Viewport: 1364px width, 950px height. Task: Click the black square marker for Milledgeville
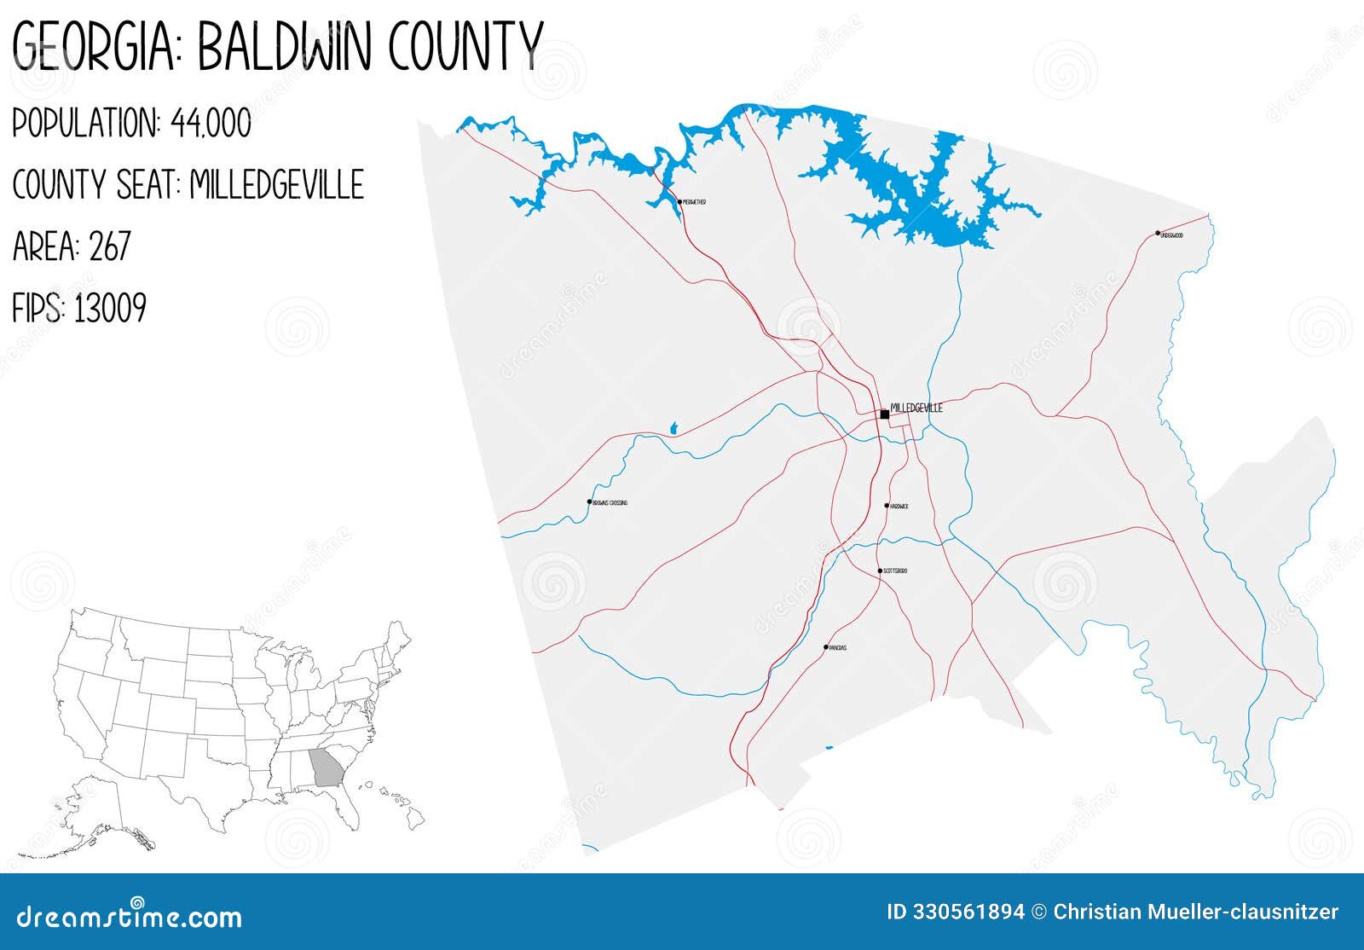tap(885, 414)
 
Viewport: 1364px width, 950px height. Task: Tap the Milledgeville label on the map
tap(916, 408)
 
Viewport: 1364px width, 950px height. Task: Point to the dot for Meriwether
tap(679, 202)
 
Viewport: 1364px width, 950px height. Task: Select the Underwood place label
tap(1172, 235)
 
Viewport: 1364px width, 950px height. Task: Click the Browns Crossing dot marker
tap(589, 502)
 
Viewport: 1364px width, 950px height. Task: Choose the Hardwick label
tap(899, 507)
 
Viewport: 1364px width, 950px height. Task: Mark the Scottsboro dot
tap(880, 571)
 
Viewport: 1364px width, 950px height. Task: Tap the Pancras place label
tap(838, 648)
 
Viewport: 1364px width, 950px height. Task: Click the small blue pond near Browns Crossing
tap(673, 427)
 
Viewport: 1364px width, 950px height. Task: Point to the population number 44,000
tap(211, 125)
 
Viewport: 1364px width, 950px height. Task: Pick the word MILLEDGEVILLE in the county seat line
tap(277, 185)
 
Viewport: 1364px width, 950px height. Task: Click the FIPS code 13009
tap(110, 308)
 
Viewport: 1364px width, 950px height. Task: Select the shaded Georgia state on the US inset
tap(324, 767)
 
